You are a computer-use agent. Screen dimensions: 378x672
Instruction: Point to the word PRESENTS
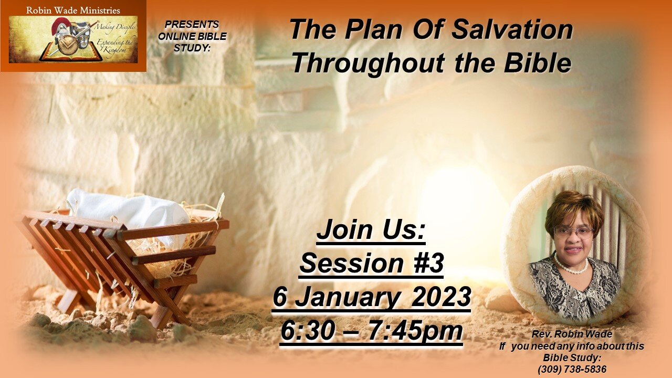[x=192, y=25]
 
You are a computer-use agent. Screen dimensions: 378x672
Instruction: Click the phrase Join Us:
[x=371, y=231]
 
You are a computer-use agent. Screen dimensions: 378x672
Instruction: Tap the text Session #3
[x=371, y=264]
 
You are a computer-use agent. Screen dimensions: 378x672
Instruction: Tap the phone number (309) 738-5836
[x=572, y=369]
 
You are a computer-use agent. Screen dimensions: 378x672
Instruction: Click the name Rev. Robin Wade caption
[x=572, y=334]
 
